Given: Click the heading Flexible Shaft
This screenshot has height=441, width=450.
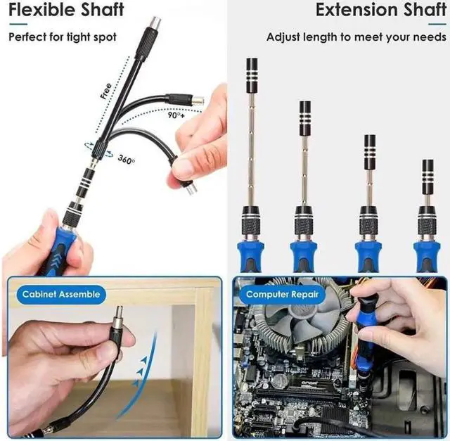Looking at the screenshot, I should [x=67, y=11].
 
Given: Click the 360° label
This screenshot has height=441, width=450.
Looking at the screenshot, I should [x=127, y=158].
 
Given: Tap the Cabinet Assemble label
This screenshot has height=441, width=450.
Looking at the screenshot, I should [x=60, y=294].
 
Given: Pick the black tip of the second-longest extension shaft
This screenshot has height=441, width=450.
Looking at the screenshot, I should [x=305, y=115].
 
